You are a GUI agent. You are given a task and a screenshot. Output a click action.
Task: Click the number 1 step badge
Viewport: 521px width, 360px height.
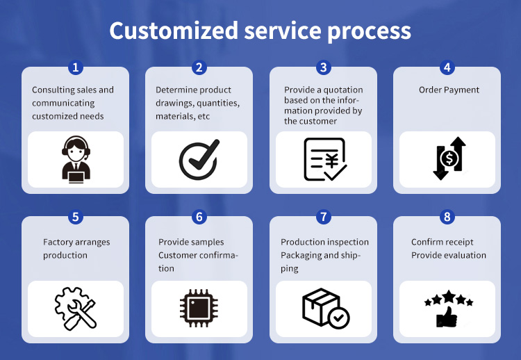(76, 67)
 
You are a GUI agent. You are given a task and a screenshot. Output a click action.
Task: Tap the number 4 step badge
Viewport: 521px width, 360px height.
(447, 67)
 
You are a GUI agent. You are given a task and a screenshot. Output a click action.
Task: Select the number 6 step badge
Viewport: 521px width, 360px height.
(199, 217)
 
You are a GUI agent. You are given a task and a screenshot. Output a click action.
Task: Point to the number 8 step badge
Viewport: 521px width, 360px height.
(447, 217)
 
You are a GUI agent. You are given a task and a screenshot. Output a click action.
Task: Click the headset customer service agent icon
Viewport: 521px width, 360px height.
(75, 159)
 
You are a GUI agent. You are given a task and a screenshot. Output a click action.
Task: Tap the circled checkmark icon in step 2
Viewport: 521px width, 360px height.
(199, 159)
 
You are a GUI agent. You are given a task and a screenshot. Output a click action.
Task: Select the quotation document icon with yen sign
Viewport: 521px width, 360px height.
(323, 159)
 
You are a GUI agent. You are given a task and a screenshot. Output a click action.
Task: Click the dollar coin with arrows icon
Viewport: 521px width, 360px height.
(447, 159)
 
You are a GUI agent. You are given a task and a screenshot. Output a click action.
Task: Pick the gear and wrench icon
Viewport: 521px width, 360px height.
(75, 309)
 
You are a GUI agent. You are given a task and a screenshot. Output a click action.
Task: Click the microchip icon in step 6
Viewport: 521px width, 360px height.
(199, 309)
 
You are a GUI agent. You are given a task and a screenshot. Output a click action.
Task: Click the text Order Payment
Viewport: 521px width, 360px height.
(449, 90)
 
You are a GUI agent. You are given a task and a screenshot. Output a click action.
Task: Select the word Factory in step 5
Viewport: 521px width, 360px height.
(58, 243)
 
